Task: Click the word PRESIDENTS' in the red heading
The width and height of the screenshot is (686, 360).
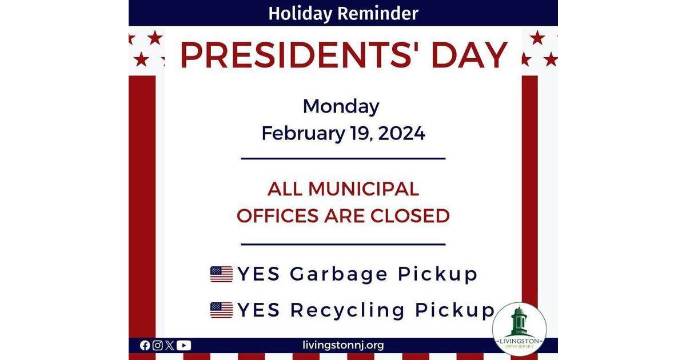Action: [x=298, y=55]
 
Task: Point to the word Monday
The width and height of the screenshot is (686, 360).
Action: [x=341, y=106]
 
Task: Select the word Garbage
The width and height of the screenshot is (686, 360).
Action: [x=338, y=275]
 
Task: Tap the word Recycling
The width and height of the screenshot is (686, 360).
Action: [x=348, y=310]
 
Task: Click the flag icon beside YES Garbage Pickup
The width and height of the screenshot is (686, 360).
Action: [x=221, y=274]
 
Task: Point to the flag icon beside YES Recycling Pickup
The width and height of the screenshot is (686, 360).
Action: [x=221, y=310]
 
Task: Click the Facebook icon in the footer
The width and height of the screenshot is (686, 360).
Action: [x=145, y=345]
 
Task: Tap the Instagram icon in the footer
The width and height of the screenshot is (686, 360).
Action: [x=157, y=345]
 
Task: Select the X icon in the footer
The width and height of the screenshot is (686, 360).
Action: [x=169, y=345]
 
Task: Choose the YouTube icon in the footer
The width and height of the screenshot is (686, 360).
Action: [x=184, y=345]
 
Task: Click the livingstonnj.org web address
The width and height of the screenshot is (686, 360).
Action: [x=343, y=345]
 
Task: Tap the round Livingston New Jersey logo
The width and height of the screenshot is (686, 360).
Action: [x=519, y=329]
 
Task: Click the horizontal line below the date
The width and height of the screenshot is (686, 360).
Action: [x=343, y=158]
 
